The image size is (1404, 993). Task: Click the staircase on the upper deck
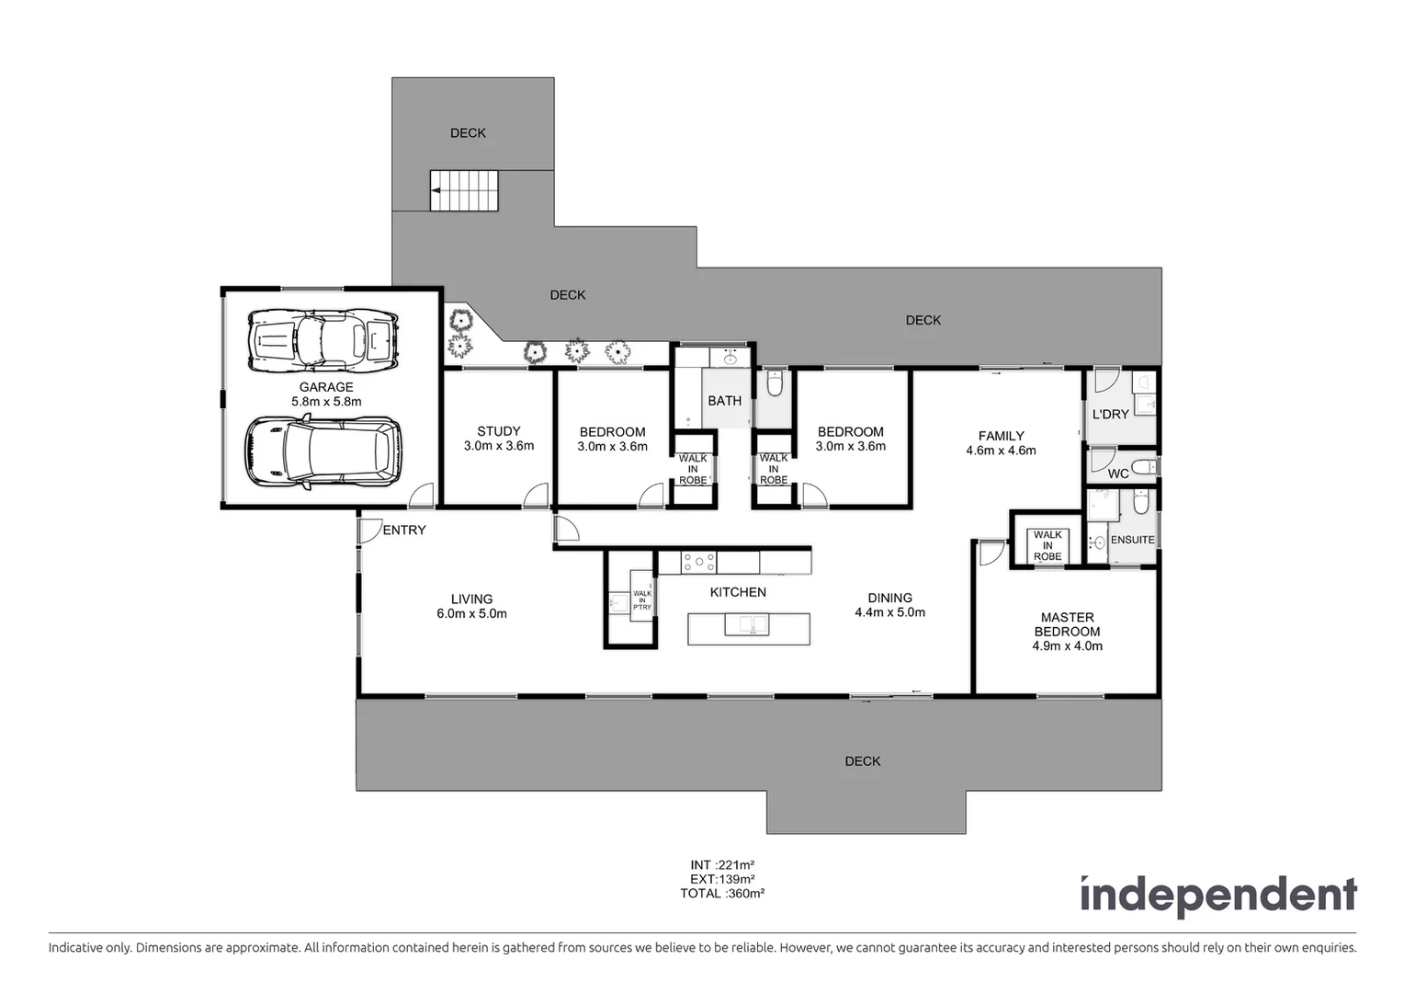click(x=464, y=190)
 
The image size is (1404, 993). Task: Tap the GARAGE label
click(x=326, y=387)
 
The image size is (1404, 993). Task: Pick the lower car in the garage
click(x=323, y=451)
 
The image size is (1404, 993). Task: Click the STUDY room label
click(x=499, y=431)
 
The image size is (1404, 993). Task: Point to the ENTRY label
click(x=404, y=530)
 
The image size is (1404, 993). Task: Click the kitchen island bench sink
click(x=747, y=625)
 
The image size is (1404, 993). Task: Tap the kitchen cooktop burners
click(x=698, y=561)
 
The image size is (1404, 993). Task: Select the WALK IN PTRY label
click(x=641, y=599)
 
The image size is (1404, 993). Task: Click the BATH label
click(x=724, y=401)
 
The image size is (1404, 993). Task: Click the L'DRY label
click(x=1110, y=415)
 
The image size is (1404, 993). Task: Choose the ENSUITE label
click(x=1132, y=540)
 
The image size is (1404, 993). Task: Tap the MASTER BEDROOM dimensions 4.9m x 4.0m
click(x=1067, y=646)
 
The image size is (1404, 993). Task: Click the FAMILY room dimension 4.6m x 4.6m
click(x=1001, y=451)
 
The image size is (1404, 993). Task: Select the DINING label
click(x=889, y=598)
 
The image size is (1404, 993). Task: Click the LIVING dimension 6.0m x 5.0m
click(x=471, y=613)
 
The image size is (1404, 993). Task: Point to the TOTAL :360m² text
click(x=722, y=893)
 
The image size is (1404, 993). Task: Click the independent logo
click(x=1217, y=895)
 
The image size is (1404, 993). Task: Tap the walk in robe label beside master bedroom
click(x=1047, y=545)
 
